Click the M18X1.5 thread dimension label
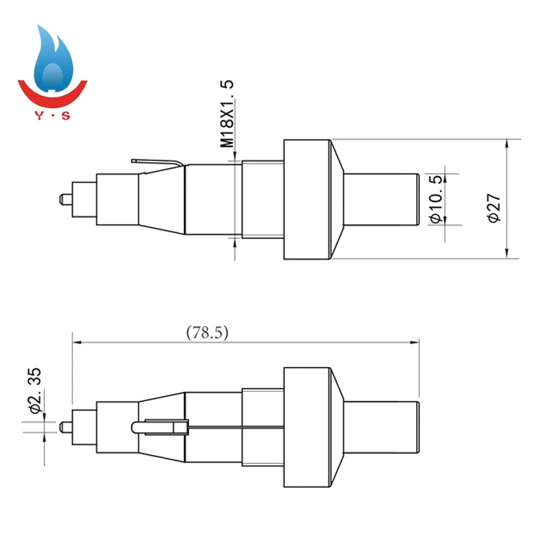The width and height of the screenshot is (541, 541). (228, 114)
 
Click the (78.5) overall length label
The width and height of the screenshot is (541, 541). (207, 333)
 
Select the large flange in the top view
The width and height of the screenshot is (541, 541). (307, 198)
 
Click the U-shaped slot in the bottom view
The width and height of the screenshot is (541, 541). (159, 426)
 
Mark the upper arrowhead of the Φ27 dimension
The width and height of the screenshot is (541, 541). (509, 144)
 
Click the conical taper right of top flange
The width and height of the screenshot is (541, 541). (336, 198)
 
